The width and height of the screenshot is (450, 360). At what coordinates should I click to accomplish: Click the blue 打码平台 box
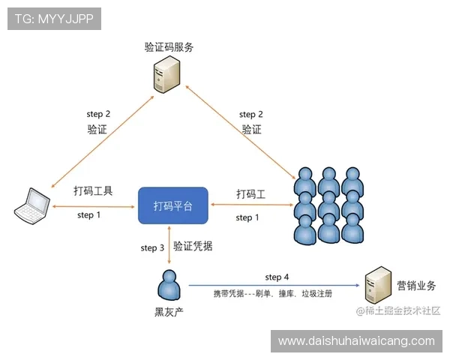[x=172, y=205]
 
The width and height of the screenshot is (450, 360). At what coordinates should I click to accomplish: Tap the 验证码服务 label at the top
[x=169, y=47]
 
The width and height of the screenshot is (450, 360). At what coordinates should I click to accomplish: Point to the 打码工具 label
[x=93, y=191]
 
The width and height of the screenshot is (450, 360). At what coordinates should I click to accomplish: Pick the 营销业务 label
[x=416, y=286]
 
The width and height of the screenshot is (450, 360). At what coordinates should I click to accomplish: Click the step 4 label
[x=277, y=277]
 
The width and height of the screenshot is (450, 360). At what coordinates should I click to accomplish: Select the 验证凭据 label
[x=192, y=246]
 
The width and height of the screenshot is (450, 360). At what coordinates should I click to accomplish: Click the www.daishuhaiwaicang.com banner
[x=356, y=341]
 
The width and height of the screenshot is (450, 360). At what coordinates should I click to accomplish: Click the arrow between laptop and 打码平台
[x=94, y=204]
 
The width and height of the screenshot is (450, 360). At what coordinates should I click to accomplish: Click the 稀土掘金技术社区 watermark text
[x=397, y=310]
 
